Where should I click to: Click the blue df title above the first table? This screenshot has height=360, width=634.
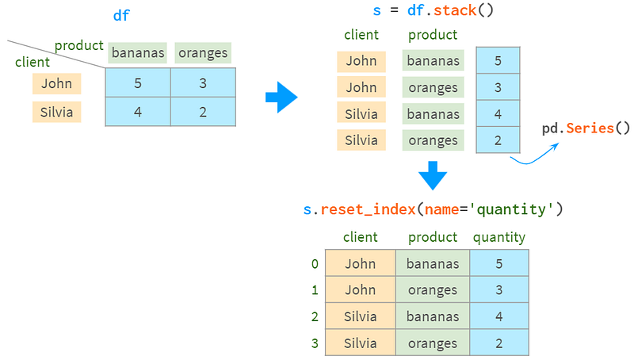[x=121, y=15]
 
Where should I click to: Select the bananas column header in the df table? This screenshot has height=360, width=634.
[x=137, y=52]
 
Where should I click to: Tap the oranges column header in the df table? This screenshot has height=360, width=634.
[x=203, y=52]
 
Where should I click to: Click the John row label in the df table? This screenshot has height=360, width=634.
[x=56, y=83]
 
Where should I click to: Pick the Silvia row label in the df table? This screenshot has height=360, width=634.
[x=56, y=112]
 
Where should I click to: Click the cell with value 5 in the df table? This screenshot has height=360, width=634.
[x=138, y=82]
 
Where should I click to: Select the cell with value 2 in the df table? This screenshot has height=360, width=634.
[x=203, y=112]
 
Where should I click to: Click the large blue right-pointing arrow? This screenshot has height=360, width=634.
[x=281, y=97]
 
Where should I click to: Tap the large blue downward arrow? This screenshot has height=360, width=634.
[x=433, y=175]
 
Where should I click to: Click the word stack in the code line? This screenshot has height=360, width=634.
[x=455, y=10]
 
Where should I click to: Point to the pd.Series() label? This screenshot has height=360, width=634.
[x=586, y=128]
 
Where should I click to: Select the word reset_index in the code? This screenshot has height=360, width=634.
[x=368, y=209]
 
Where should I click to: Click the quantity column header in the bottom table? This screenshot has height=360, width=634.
[x=499, y=237]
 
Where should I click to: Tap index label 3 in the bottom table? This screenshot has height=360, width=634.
[x=315, y=343]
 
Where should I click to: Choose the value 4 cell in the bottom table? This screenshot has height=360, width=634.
[x=499, y=316]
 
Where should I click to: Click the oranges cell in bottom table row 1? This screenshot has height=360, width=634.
[x=433, y=290]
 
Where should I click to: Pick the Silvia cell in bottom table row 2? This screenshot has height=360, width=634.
[x=361, y=316]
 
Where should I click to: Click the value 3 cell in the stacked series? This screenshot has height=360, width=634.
[x=498, y=87]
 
